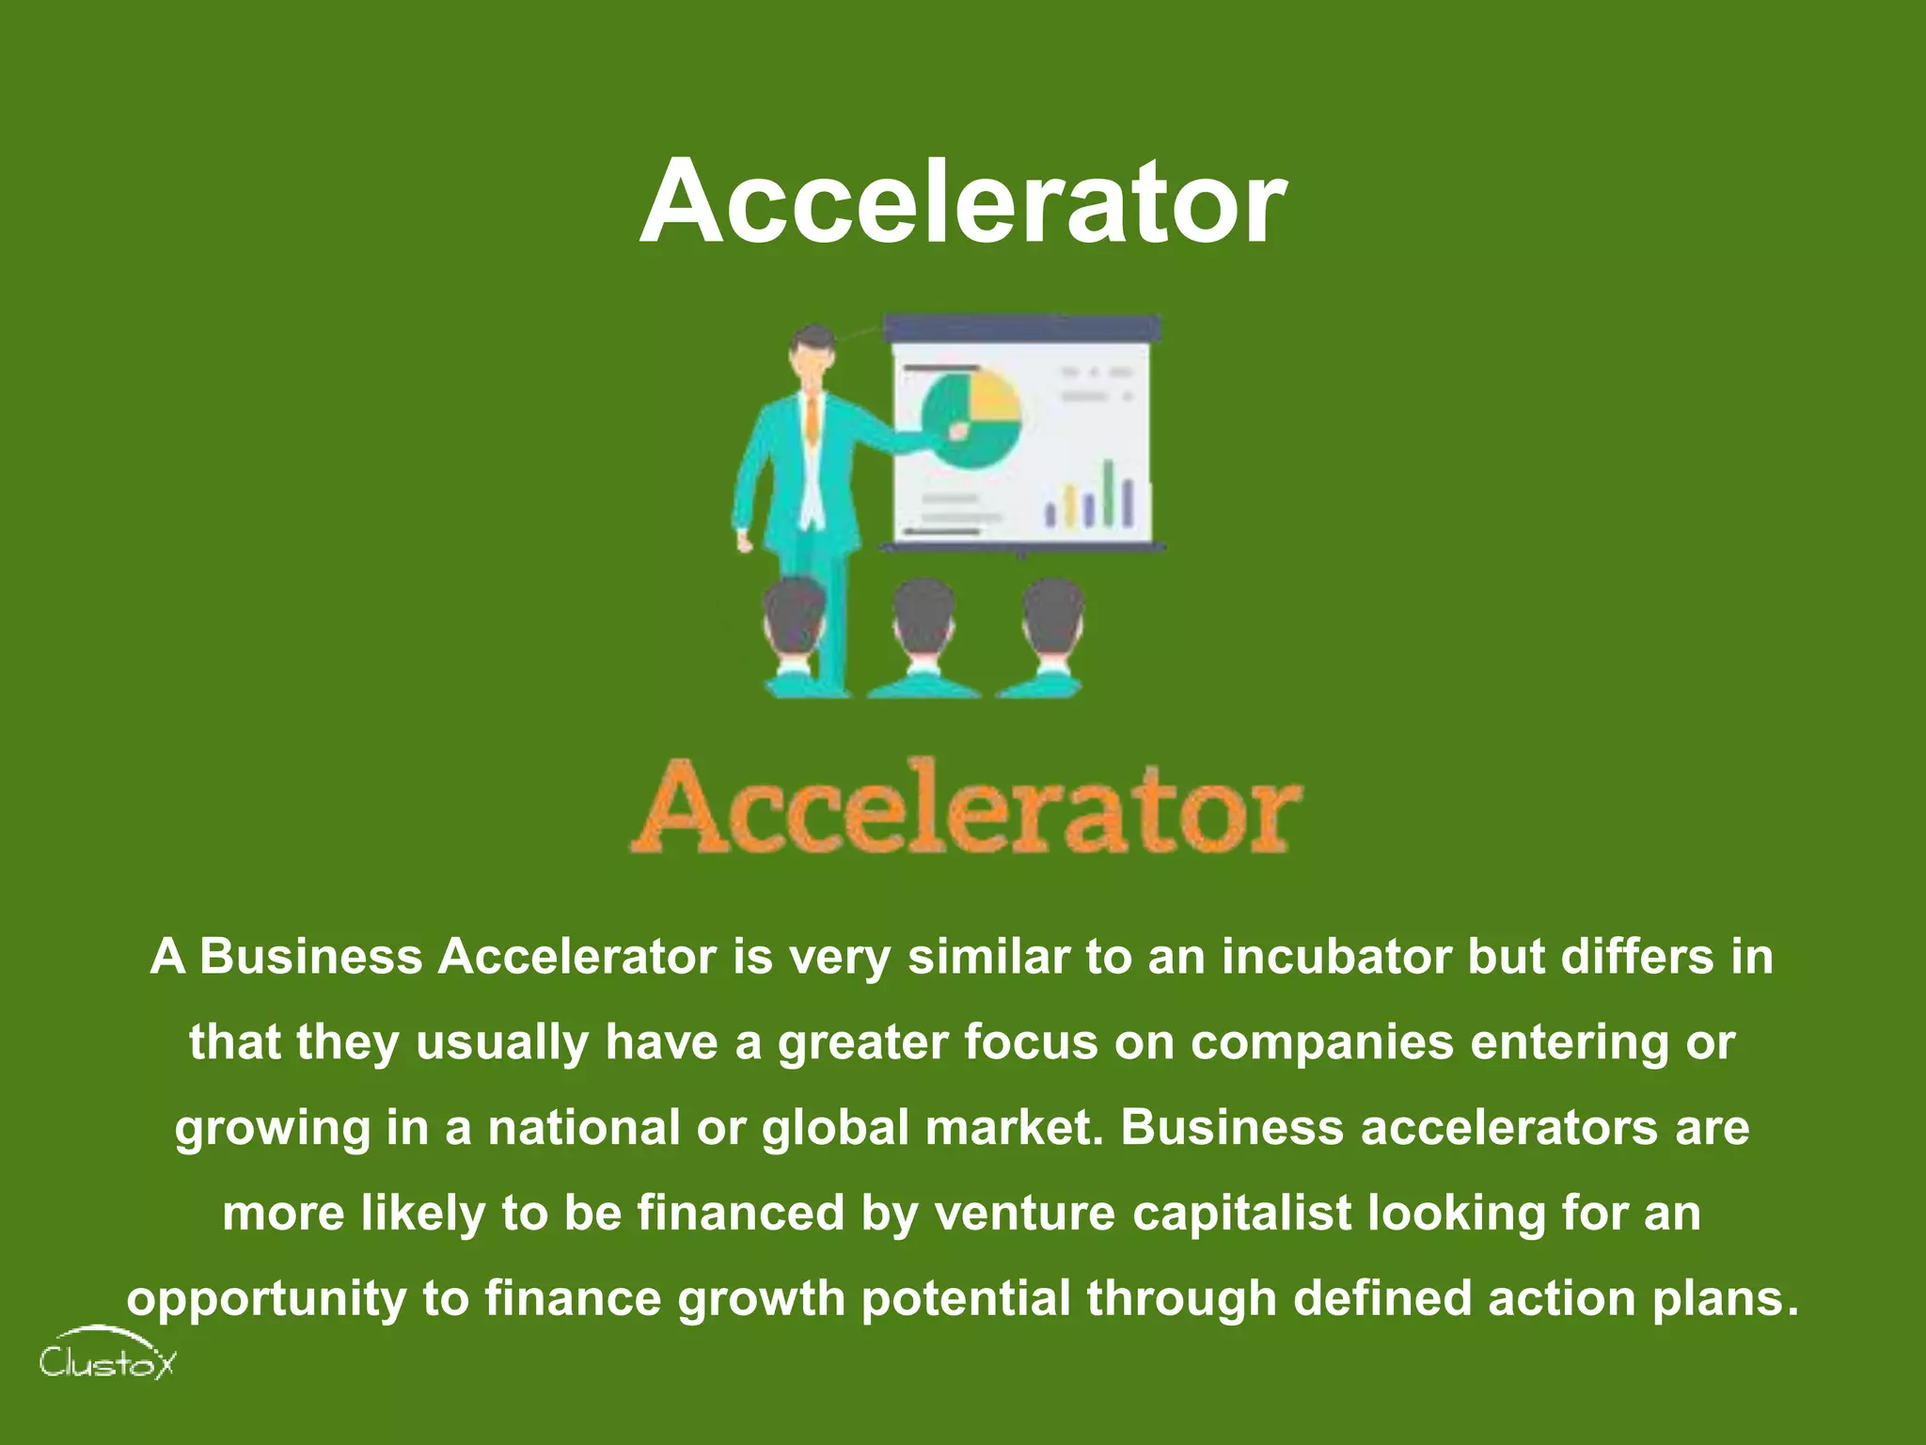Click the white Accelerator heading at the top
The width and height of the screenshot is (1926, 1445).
coord(962,200)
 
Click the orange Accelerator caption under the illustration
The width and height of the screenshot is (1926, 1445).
coord(966,807)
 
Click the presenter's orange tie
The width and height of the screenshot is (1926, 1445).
coord(812,420)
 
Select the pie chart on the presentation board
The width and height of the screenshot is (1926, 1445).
coord(971,420)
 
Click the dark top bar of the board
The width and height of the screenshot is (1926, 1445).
coord(1022,328)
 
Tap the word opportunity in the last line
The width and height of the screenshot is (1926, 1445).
coord(266,1299)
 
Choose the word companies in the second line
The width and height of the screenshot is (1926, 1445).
coord(1321,1041)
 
